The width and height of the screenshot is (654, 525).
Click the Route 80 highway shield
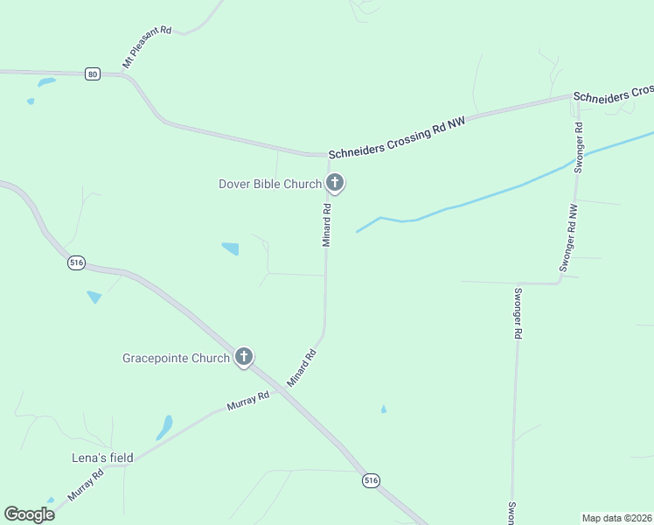[93, 74]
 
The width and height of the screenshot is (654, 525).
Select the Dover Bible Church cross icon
[334, 184]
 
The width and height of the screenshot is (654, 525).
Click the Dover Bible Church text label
[269, 184]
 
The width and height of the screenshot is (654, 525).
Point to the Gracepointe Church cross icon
[244, 357]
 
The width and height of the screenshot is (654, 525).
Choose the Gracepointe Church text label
[176, 358]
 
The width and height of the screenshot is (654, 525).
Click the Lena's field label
[102, 458]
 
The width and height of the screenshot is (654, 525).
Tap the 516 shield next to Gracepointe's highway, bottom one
[372, 479]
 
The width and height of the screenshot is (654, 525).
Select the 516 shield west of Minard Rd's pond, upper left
[76, 262]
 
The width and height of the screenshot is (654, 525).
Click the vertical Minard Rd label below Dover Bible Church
[326, 225]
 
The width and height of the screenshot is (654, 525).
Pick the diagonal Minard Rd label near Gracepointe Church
[301, 369]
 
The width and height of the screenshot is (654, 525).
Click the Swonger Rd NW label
[568, 238]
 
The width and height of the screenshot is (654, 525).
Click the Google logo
[30, 514]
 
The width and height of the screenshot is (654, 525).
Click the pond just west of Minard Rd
[231, 248]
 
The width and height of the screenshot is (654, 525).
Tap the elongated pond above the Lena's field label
[163, 427]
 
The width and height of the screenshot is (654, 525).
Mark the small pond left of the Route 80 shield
[45, 82]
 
